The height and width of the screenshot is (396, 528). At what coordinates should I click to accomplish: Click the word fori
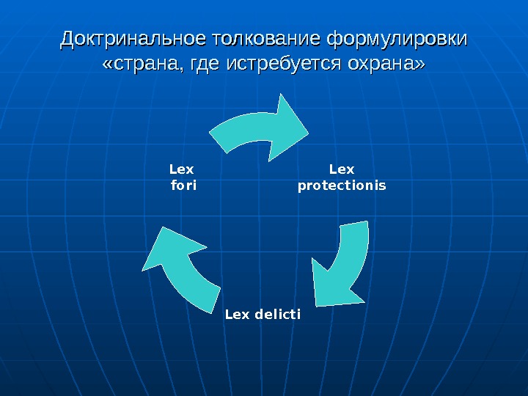[183, 186]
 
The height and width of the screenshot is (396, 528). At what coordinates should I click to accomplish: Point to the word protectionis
[342, 186]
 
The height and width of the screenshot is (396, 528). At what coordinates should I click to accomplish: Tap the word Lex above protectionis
[342, 171]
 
